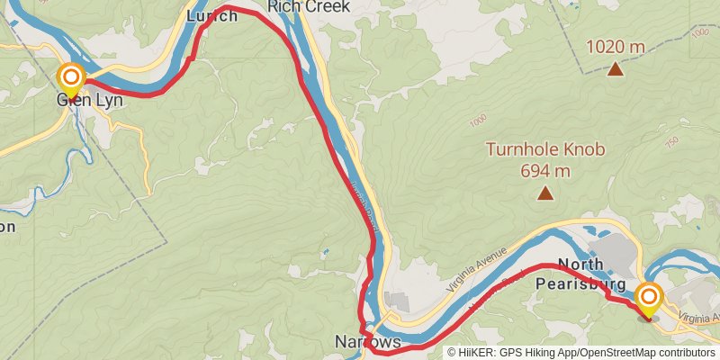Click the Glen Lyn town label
89,100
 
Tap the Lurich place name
211,15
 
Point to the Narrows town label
367,342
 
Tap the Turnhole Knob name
545,150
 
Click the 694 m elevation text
545,169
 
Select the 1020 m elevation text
616,46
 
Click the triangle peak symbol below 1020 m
616,68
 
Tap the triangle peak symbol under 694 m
544,193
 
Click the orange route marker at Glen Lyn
70,77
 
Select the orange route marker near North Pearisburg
649,297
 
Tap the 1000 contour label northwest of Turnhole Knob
477,119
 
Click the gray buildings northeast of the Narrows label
396,301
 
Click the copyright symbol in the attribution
453,352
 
